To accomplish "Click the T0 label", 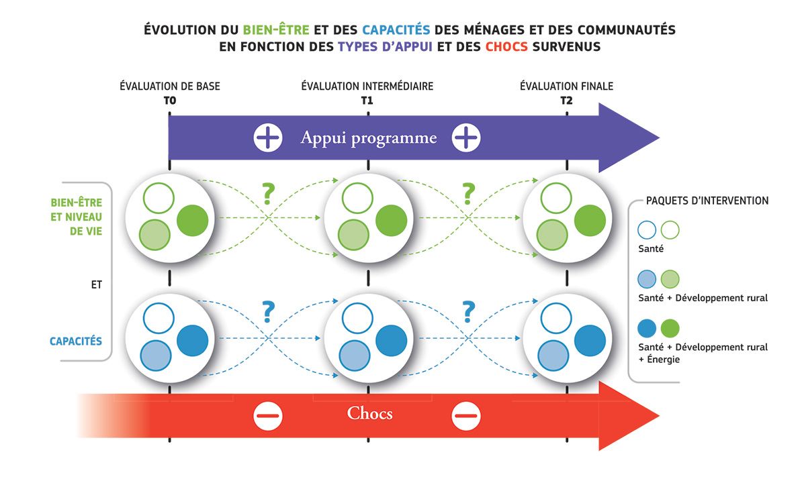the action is coord(170,101).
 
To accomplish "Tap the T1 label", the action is coord(367,101).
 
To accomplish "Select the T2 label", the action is coord(566,101).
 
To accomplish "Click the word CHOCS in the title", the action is coord(506,47).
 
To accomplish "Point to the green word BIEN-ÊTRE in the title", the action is coord(276,30).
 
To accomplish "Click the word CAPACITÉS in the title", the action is coord(396,30).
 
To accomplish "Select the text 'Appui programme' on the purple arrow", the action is coord(369,138).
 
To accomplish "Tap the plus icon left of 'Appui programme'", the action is coord(268,138).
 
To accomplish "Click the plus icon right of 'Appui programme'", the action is coord(466,138).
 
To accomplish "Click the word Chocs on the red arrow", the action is coord(369,413).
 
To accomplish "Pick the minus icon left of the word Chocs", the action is coord(268,416).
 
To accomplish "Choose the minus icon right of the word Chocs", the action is coord(466,416).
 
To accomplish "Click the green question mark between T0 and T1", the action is coord(268,194).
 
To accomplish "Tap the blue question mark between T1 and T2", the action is coord(468,311).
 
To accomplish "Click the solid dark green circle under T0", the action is coord(193,220).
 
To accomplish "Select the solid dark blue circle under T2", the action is coord(590,340).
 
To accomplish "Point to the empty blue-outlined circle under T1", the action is coord(357,319).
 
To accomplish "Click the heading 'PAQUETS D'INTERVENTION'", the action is coord(707,201).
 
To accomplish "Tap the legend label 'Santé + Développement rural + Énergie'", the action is coord(703,353).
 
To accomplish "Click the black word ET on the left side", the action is coord(97,285).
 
